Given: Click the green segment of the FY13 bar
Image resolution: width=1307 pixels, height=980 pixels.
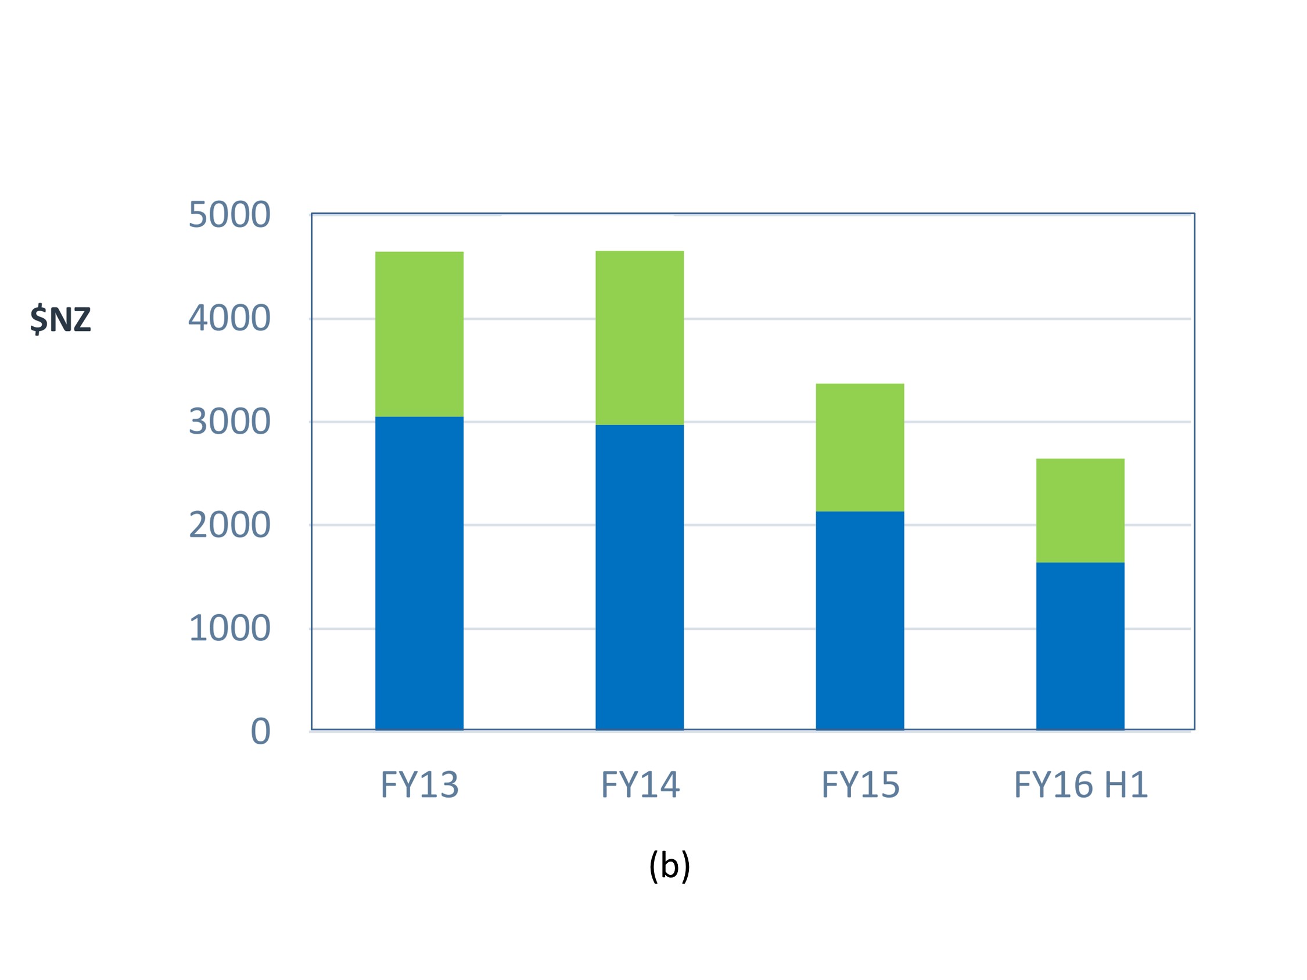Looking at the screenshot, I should tap(419, 334).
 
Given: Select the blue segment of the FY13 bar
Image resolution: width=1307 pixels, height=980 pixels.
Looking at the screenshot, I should tap(419, 573).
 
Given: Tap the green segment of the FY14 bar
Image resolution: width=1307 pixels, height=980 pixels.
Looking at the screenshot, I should tap(640, 337).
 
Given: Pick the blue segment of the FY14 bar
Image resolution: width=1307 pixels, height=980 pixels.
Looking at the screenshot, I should tap(640, 577).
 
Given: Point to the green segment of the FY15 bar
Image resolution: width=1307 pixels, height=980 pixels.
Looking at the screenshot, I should tap(860, 447).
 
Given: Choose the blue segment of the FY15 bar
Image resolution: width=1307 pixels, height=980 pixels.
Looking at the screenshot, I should tap(860, 620).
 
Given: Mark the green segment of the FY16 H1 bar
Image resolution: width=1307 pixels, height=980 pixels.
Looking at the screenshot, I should tap(1080, 510).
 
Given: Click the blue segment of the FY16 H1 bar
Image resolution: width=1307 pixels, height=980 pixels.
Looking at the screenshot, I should tap(1080, 646).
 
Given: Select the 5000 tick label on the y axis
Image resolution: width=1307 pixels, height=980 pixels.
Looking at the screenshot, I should tap(229, 214).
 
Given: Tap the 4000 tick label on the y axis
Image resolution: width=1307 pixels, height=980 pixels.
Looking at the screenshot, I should tap(229, 318).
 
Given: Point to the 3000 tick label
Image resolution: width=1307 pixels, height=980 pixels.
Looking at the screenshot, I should tap(229, 421).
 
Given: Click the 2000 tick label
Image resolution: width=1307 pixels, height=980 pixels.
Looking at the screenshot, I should tap(229, 525).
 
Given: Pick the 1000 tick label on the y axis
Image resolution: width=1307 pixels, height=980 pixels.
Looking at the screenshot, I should tap(229, 629).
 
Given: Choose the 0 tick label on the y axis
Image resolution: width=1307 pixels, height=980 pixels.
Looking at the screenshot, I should tap(261, 732).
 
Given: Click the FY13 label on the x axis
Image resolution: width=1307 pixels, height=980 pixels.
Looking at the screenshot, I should tap(419, 785).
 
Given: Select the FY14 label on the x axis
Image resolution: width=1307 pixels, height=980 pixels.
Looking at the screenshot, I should tap(640, 785).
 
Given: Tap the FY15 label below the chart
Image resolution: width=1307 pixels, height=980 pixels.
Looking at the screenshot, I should tap(860, 785).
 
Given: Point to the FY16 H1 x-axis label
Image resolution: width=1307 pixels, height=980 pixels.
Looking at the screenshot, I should tap(1080, 785).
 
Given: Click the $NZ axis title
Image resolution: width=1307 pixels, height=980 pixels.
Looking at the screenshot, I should tap(61, 319).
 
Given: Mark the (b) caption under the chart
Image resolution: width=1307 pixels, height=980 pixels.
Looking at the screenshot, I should tap(669, 866).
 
